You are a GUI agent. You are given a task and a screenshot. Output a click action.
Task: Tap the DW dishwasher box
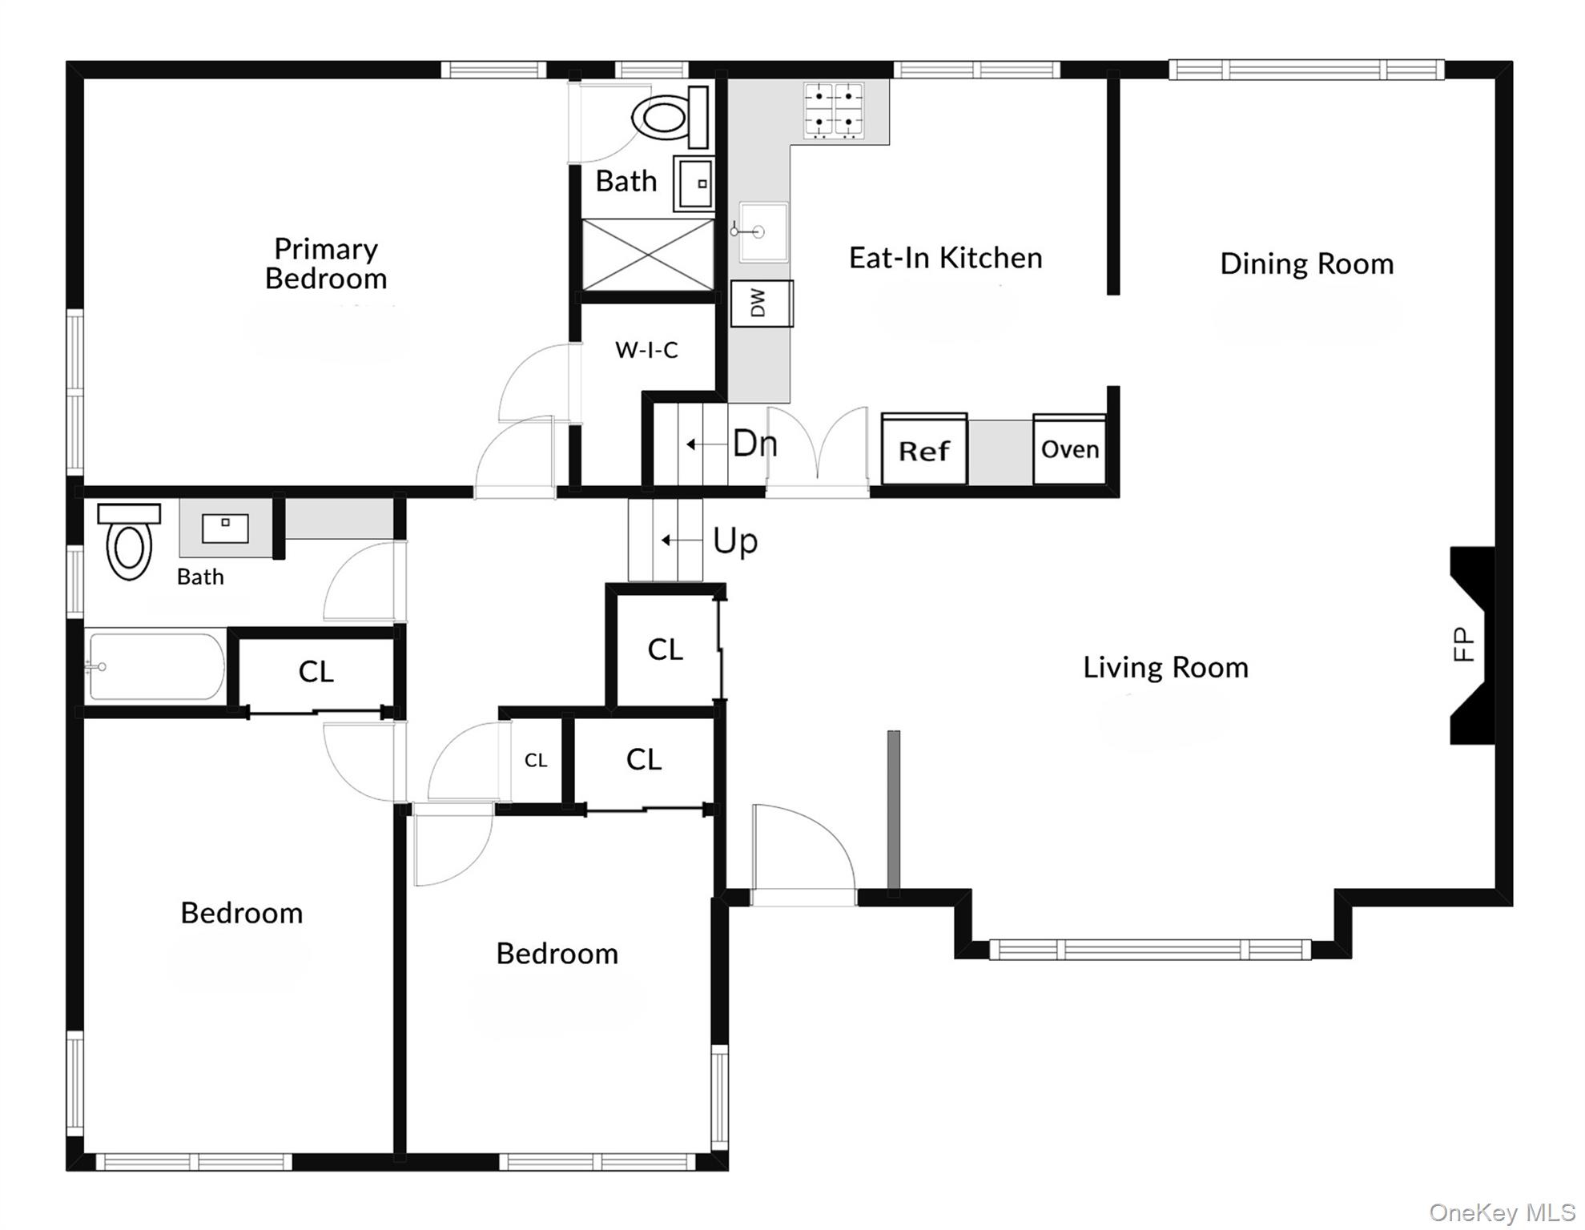[x=762, y=303]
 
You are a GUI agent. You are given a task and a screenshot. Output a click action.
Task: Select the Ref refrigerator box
[x=924, y=449]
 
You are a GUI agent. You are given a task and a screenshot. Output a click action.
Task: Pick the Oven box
[x=1070, y=449]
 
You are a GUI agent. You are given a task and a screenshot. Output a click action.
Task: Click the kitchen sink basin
[x=762, y=231]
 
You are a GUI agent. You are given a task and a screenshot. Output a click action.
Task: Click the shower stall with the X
[x=647, y=255]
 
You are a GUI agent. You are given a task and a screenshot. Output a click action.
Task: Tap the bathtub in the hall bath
[x=155, y=667]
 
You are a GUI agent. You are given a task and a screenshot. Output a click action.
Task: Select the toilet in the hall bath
[x=129, y=541]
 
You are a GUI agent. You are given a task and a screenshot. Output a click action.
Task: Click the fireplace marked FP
[x=1473, y=645]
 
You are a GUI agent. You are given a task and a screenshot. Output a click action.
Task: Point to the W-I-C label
[x=646, y=350]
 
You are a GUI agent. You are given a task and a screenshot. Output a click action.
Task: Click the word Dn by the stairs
[x=754, y=443]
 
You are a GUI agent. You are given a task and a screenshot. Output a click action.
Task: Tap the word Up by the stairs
[x=734, y=542]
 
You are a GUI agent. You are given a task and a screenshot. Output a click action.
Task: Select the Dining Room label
[x=1306, y=263]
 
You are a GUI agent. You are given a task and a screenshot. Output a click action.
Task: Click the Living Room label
[x=1165, y=667]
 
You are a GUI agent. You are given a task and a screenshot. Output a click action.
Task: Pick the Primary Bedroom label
[x=326, y=263]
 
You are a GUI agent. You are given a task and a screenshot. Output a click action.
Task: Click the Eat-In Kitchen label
[x=945, y=258]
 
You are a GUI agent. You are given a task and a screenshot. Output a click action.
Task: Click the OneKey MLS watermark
[x=1503, y=1212]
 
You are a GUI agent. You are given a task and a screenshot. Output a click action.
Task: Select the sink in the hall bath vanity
[x=225, y=529]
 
